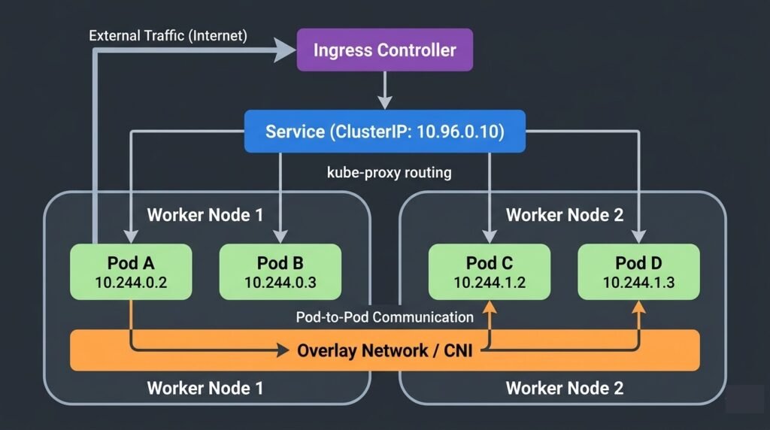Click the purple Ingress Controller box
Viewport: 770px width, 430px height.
[x=384, y=50]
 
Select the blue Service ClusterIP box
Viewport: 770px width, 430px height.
[x=384, y=132]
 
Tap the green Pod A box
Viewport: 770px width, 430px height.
[x=132, y=271]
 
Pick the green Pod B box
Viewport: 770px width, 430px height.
[x=280, y=271]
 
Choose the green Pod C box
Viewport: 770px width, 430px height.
[x=490, y=271]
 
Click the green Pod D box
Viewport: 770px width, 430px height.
[x=638, y=271]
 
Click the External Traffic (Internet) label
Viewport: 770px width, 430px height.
[x=168, y=35]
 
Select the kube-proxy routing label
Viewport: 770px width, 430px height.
[x=389, y=172]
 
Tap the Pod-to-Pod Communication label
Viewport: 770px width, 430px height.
[x=384, y=316]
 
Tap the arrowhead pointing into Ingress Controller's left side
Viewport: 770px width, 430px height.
[x=286, y=50]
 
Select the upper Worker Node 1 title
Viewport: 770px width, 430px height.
[x=205, y=215]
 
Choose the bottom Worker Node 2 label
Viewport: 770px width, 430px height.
[x=564, y=388]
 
